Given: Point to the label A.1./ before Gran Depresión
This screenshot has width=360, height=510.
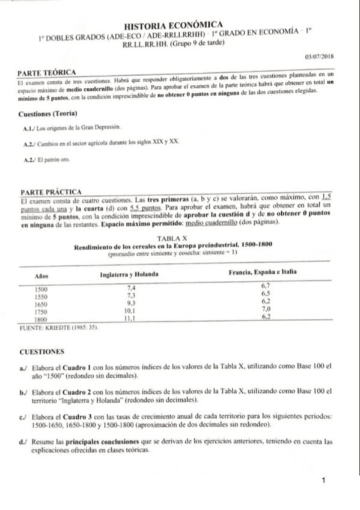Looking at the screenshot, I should (28, 128).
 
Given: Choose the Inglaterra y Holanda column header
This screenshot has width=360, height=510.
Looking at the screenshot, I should (129, 274).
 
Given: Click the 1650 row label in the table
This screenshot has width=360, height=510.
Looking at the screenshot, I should (41, 304).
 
